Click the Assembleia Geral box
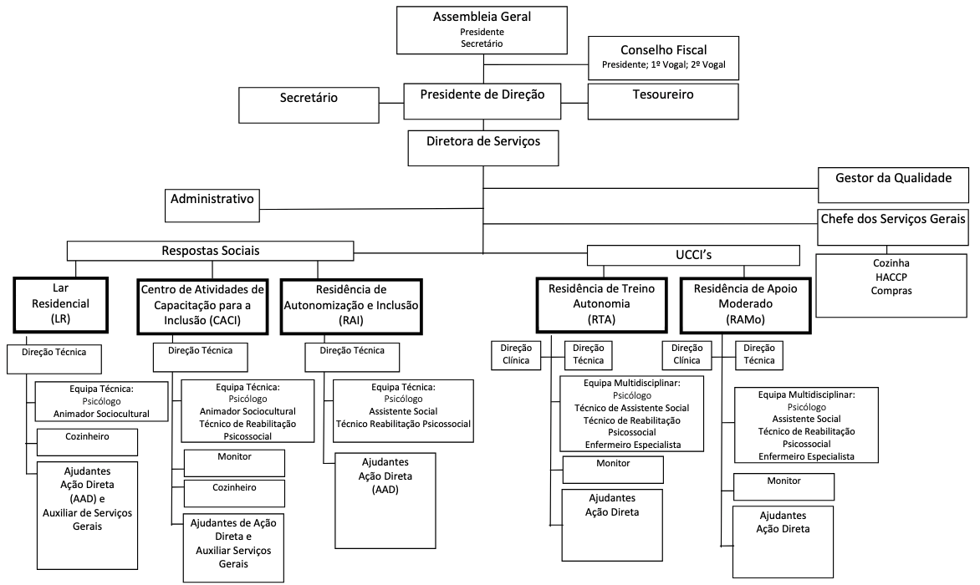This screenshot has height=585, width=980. (x=482, y=29)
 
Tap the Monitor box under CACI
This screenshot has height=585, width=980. (x=234, y=463)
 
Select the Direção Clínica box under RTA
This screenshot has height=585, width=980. (x=518, y=354)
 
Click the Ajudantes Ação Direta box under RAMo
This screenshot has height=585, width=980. (x=783, y=542)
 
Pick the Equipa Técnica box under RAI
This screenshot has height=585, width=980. (x=404, y=405)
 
